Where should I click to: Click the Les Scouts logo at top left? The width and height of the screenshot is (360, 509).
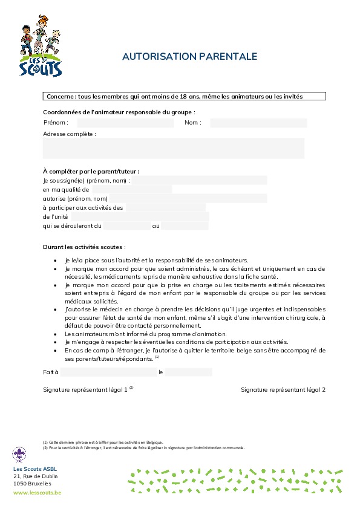click(41, 51)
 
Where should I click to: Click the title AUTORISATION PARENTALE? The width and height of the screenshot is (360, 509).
click(190, 57)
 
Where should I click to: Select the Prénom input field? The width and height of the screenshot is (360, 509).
click(125, 123)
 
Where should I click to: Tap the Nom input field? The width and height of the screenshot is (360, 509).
click(258, 123)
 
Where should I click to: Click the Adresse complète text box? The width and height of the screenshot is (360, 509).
click(174, 148)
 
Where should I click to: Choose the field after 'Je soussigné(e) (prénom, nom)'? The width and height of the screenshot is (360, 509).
click(200, 180)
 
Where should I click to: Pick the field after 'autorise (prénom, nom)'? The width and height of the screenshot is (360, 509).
click(188, 198)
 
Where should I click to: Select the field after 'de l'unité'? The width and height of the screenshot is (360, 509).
click(140, 216)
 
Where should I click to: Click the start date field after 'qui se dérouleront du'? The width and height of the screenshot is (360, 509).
click(126, 225)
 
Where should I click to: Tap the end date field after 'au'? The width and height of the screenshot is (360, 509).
click(185, 225)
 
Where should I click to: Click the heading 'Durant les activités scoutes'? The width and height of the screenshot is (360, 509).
click(85, 247)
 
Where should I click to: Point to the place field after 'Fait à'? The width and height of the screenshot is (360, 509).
click(108, 372)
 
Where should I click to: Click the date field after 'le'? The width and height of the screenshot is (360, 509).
click(188, 372)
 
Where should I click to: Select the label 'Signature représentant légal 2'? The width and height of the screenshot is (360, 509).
click(283, 390)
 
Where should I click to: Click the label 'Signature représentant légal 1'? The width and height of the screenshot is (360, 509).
click(86, 390)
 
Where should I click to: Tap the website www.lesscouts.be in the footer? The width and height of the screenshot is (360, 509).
click(37, 493)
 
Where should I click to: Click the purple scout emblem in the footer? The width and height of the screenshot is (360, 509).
click(19, 454)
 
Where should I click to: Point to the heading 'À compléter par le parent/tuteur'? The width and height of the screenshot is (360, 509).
click(91, 171)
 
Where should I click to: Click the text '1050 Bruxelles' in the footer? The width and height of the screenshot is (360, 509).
click(32, 484)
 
